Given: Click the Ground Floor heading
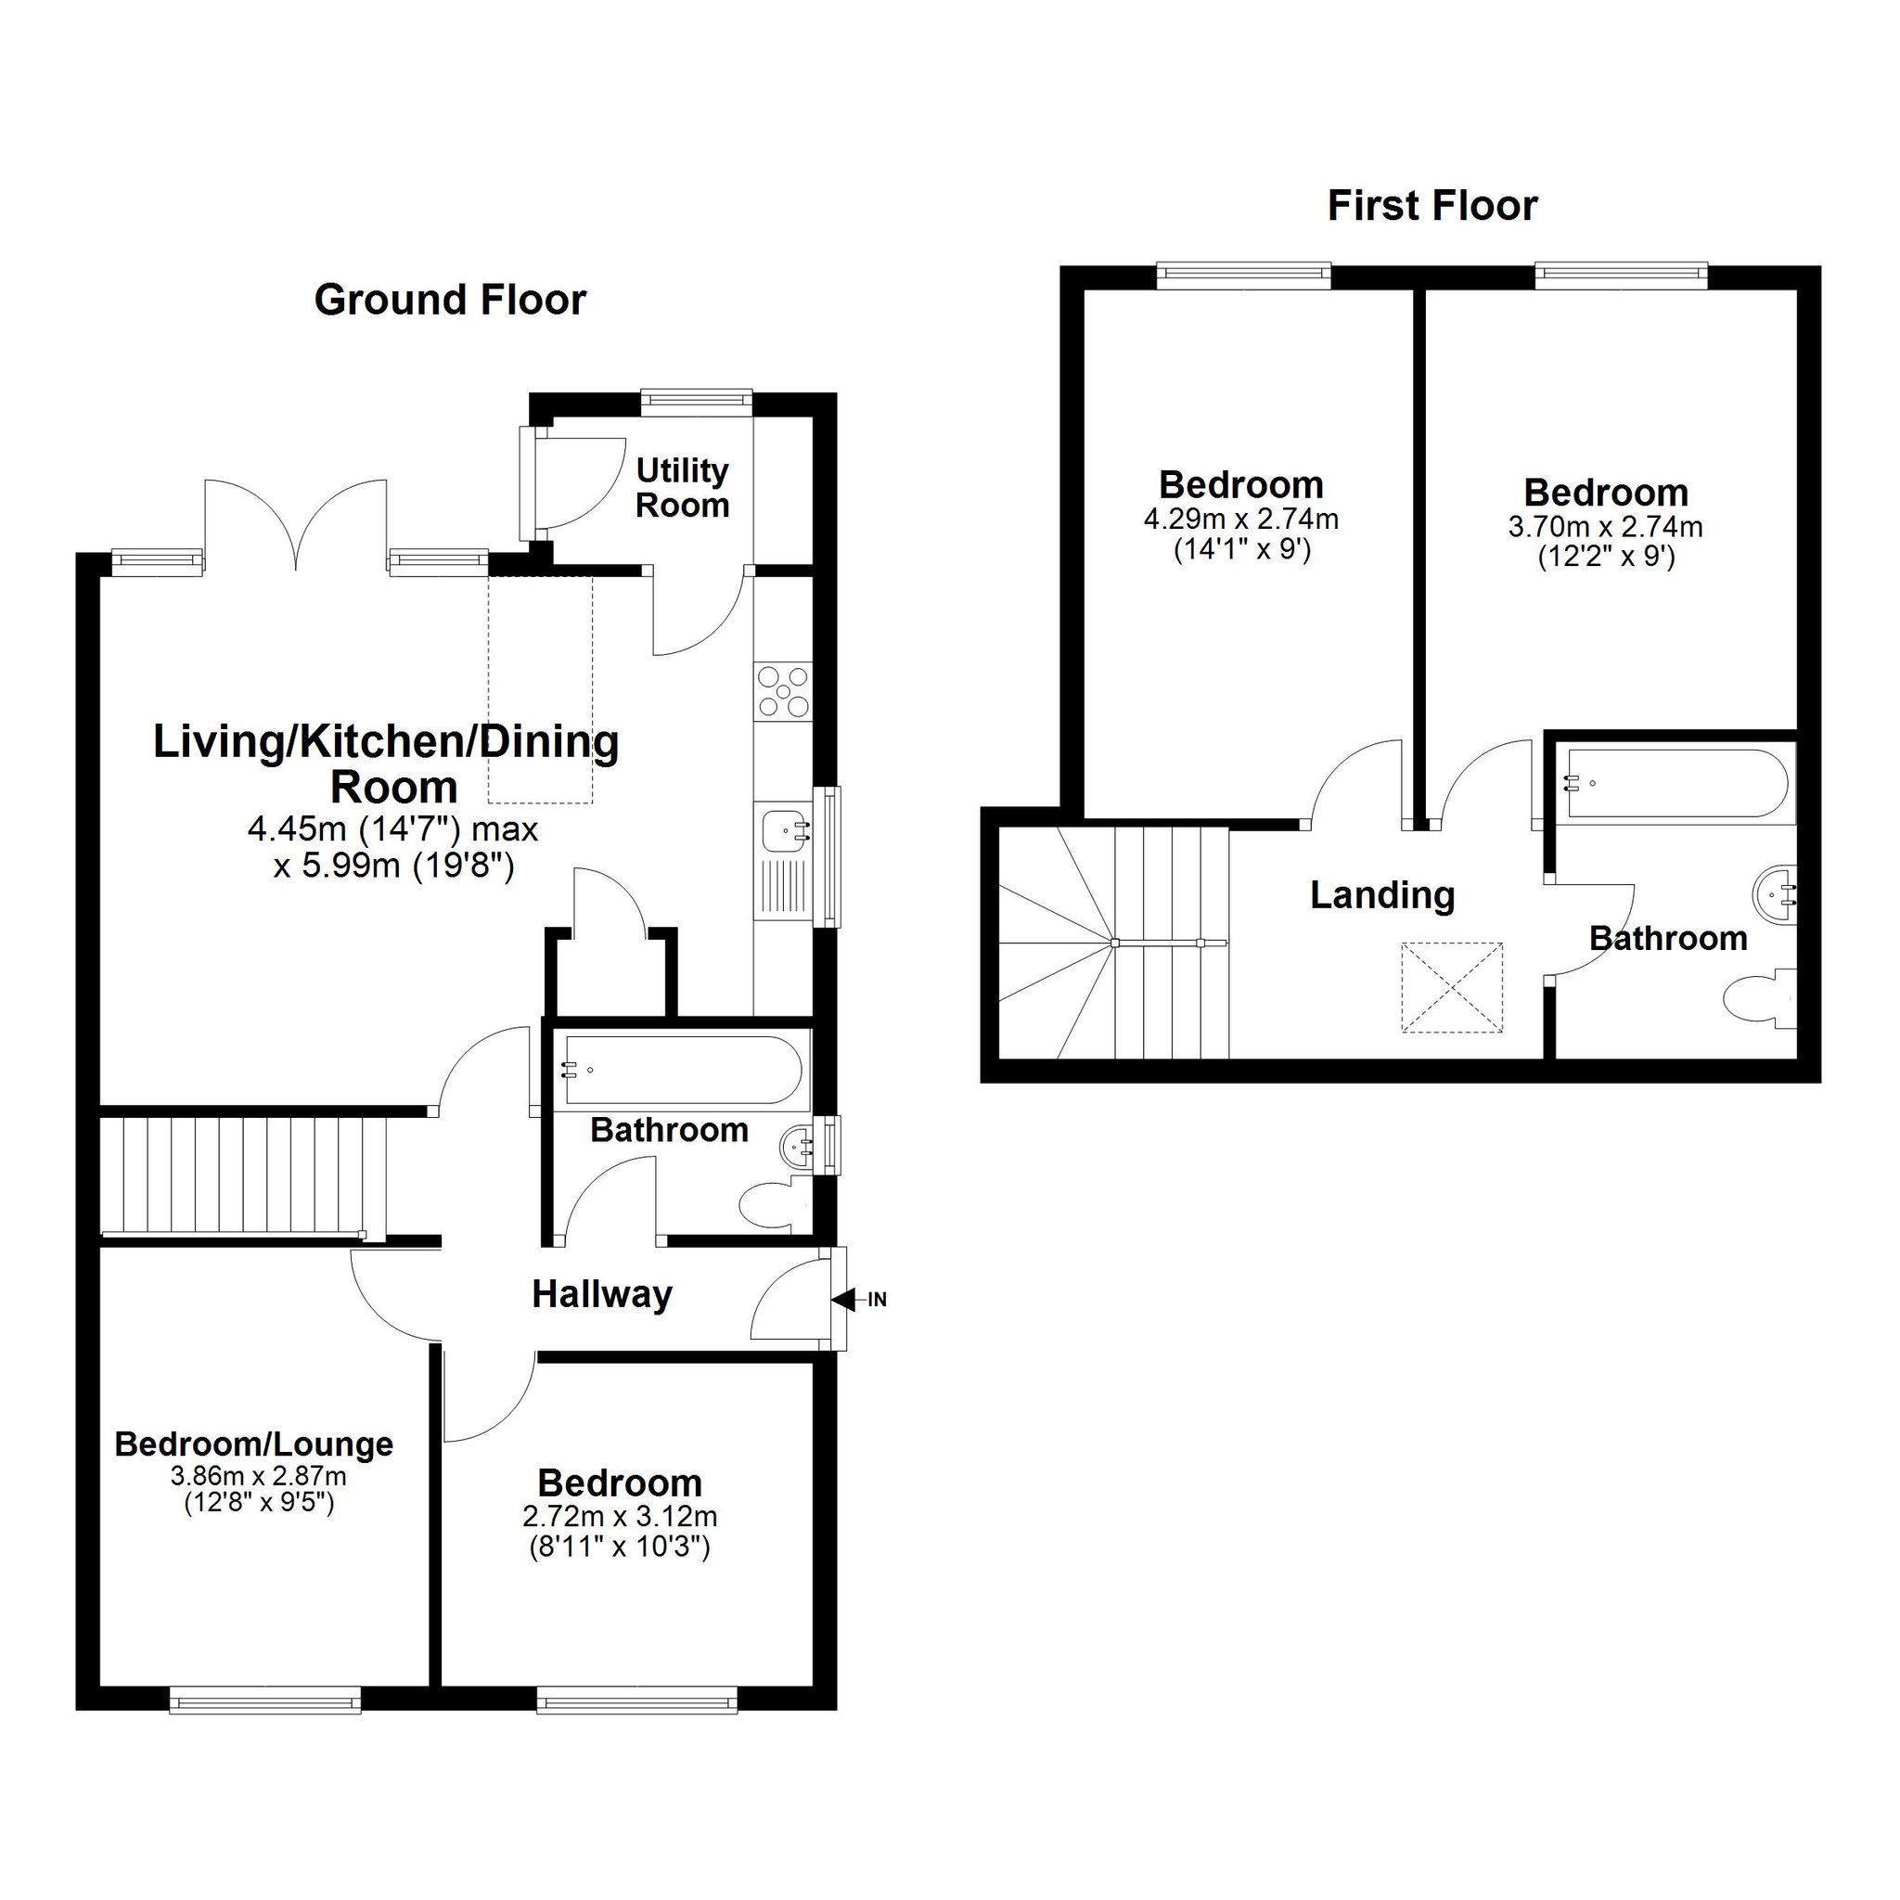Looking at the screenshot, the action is coord(450,301).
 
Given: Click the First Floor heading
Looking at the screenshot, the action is coord(1431,207).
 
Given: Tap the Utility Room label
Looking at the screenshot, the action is coord(683,488).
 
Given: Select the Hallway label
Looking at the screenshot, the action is coord(602,1295).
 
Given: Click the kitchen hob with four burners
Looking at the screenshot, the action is coord(784,691).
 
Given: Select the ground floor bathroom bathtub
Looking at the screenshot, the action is coord(681,1070).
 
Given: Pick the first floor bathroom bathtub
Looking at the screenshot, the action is coord(1681,784).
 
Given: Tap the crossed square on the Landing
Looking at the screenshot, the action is coord(1453,987).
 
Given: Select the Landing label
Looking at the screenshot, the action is coord(1382,895).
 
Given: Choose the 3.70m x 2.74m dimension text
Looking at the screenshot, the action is coord(1606,527).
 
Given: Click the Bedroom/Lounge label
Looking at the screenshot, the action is coord(253,1444).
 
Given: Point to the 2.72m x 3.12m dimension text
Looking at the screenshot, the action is coord(620,1518).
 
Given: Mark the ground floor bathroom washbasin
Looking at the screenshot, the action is coord(801,1147).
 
